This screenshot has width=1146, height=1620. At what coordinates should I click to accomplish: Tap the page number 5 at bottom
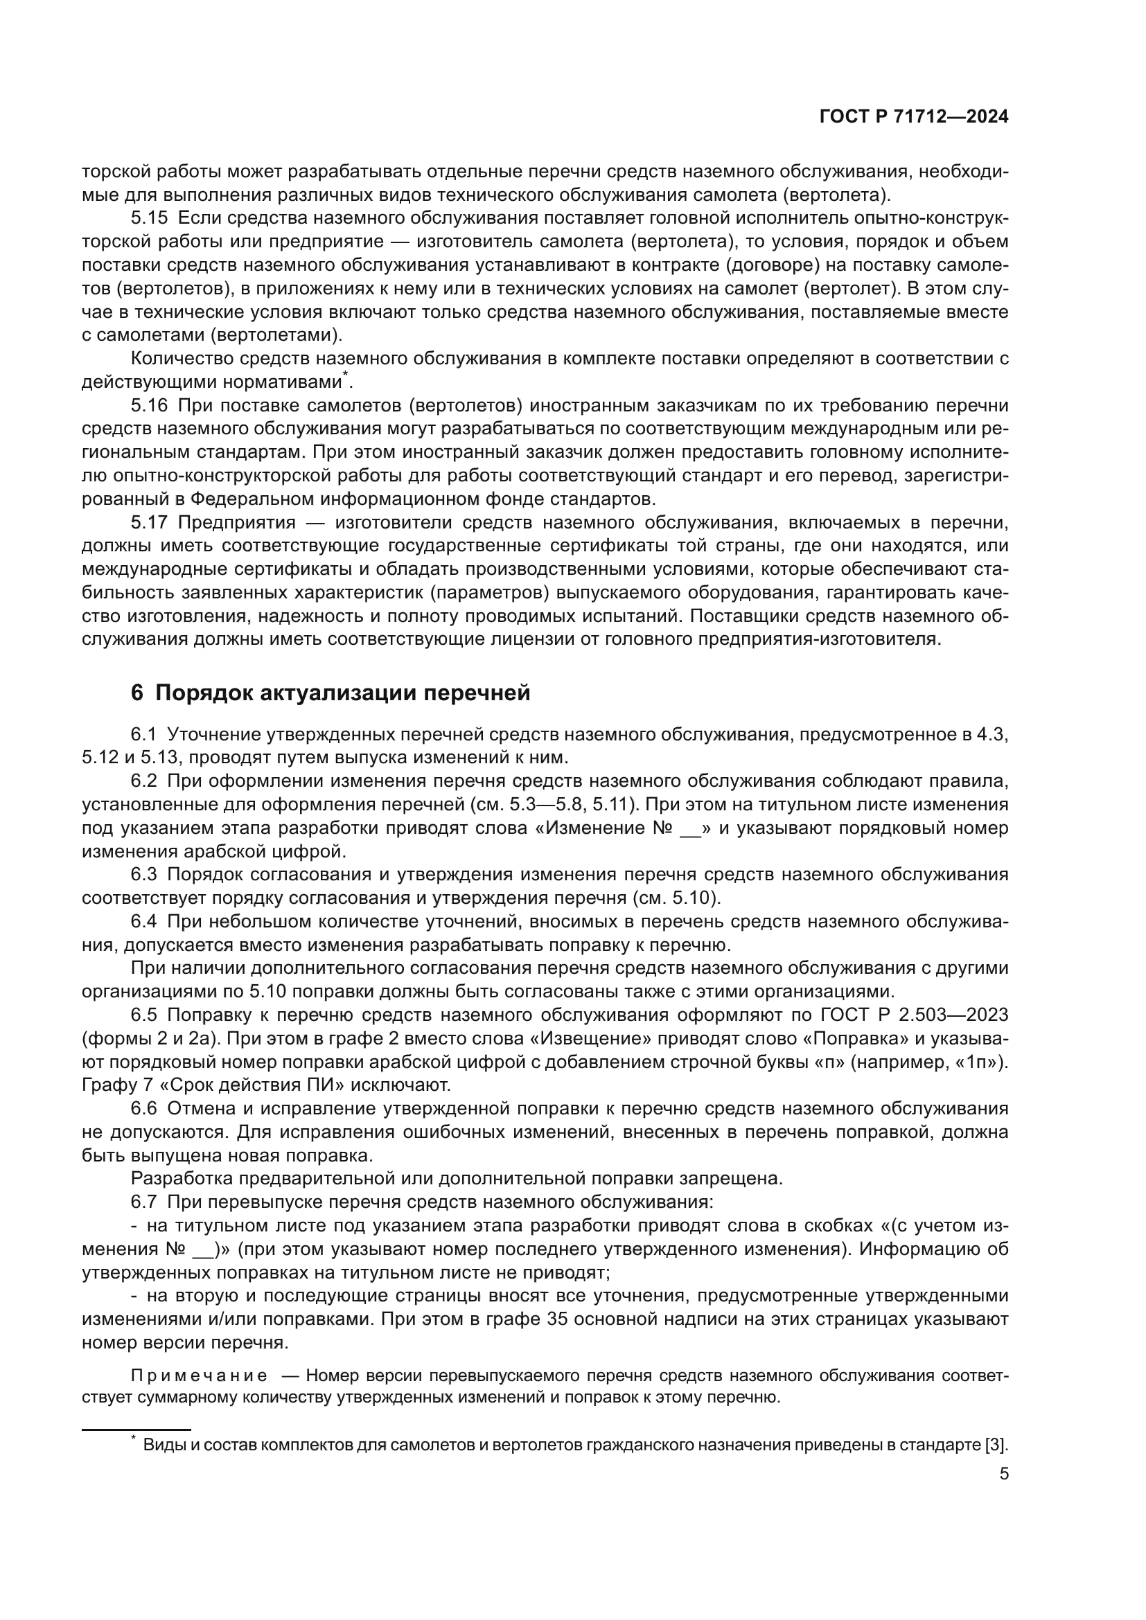click(1003, 1474)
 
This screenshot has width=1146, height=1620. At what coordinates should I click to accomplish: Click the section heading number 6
click(137, 693)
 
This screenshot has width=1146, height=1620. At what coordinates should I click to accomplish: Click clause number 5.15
click(149, 218)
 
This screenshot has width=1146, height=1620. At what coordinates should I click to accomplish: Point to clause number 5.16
click(149, 406)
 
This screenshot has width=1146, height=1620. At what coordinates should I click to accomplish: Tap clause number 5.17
click(149, 523)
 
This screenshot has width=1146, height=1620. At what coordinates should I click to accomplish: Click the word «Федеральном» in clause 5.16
click(251, 499)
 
